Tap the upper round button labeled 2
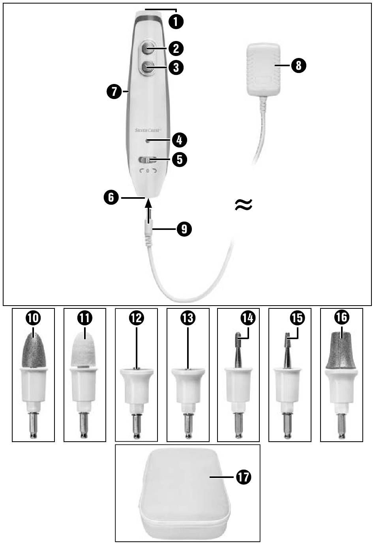pyautogui.click(x=147, y=49)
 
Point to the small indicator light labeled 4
pyautogui.click(x=147, y=140)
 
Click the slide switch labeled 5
pyautogui.click(x=147, y=160)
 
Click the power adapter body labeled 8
pyautogui.click(x=262, y=69)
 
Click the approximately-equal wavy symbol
pyautogui.click(x=243, y=204)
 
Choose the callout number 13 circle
pyautogui.click(x=188, y=317)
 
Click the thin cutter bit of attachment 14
pyautogui.click(x=238, y=349)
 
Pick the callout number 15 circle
pyautogui.click(x=297, y=317)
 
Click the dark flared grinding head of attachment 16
pyautogui.click(x=341, y=349)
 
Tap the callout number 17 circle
pyautogui.click(x=243, y=477)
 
